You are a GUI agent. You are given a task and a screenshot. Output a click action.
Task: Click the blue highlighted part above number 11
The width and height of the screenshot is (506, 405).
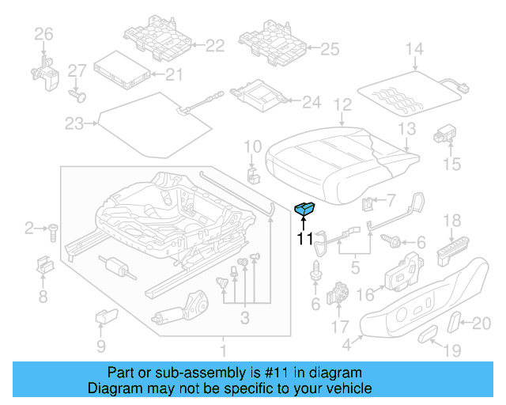(x=304, y=209)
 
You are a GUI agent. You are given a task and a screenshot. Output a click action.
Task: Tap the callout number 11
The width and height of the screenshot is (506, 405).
(x=304, y=237)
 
